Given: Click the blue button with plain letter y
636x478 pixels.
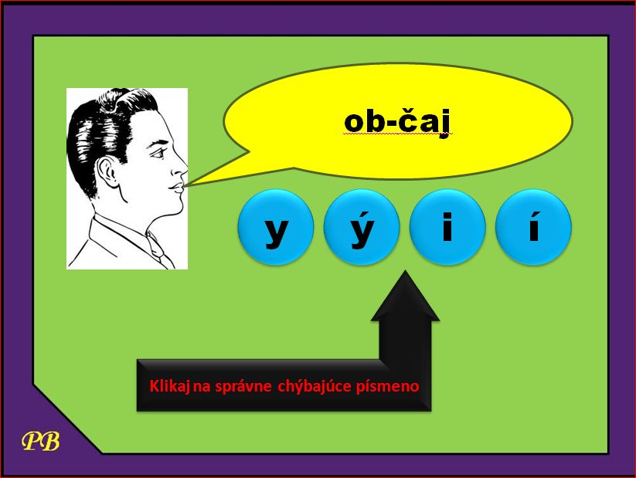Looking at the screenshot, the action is click(x=276, y=227).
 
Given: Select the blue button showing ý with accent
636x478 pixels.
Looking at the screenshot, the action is click(x=362, y=227).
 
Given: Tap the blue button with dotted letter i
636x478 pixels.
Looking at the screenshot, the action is click(x=447, y=227).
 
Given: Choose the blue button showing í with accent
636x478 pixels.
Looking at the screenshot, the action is click(x=534, y=227).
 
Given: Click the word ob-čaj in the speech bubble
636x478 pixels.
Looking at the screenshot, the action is click(x=397, y=123).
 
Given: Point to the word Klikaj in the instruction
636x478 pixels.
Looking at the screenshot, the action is click(x=170, y=386).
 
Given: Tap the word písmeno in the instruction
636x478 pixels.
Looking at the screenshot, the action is click(x=388, y=386).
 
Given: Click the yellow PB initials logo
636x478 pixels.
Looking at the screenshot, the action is click(x=40, y=441).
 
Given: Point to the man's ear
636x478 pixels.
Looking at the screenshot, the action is click(x=107, y=172).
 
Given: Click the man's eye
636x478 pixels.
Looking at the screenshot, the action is click(x=159, y=153).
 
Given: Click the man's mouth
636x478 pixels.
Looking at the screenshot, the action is click(x=178, y=188).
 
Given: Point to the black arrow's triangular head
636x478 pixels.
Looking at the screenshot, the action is click(x=405, y=296).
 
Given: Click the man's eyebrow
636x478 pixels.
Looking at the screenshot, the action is click(x=159, y=143).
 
